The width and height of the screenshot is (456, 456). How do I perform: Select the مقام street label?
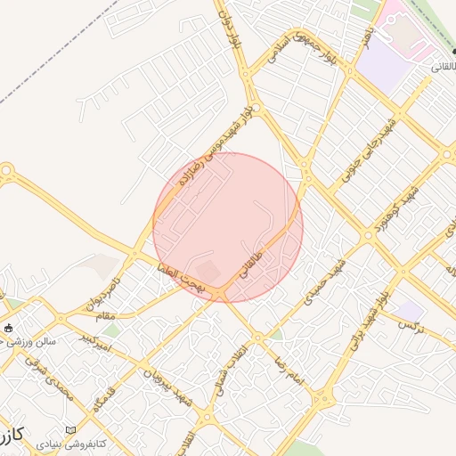click(x=107, y=317)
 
